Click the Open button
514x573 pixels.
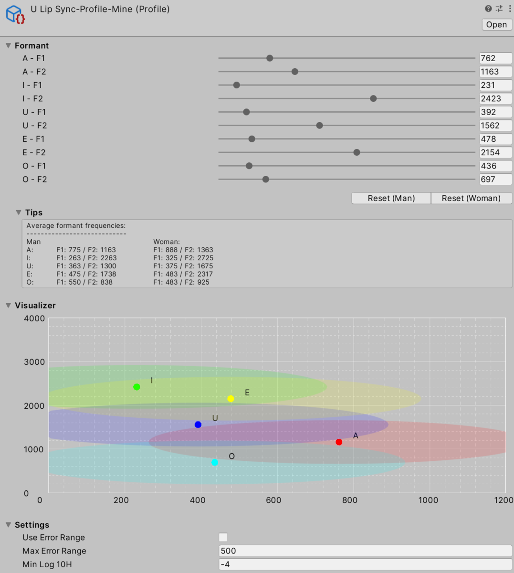(496, 25)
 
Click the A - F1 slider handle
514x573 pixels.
(270, 58)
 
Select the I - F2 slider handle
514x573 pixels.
(373, 98)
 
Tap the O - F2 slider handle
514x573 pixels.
(266, 180)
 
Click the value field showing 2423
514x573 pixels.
(495, 98)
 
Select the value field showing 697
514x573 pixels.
(495, 180)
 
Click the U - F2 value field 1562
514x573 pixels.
(495, 126)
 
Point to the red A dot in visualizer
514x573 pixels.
(339, 442)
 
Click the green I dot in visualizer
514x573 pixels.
(137, 387)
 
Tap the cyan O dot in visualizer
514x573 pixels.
(215, 462)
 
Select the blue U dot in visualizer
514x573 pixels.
(198, 424)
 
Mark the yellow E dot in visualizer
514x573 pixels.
(231, 399)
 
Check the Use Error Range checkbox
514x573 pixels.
(223, 538)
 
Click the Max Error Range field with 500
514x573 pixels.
(365, 551)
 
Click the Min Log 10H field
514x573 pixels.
(365, 564)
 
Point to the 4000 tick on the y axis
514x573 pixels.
(34, 318)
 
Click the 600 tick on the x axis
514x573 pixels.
(273, 500)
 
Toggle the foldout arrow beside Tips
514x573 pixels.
(19, 212)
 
